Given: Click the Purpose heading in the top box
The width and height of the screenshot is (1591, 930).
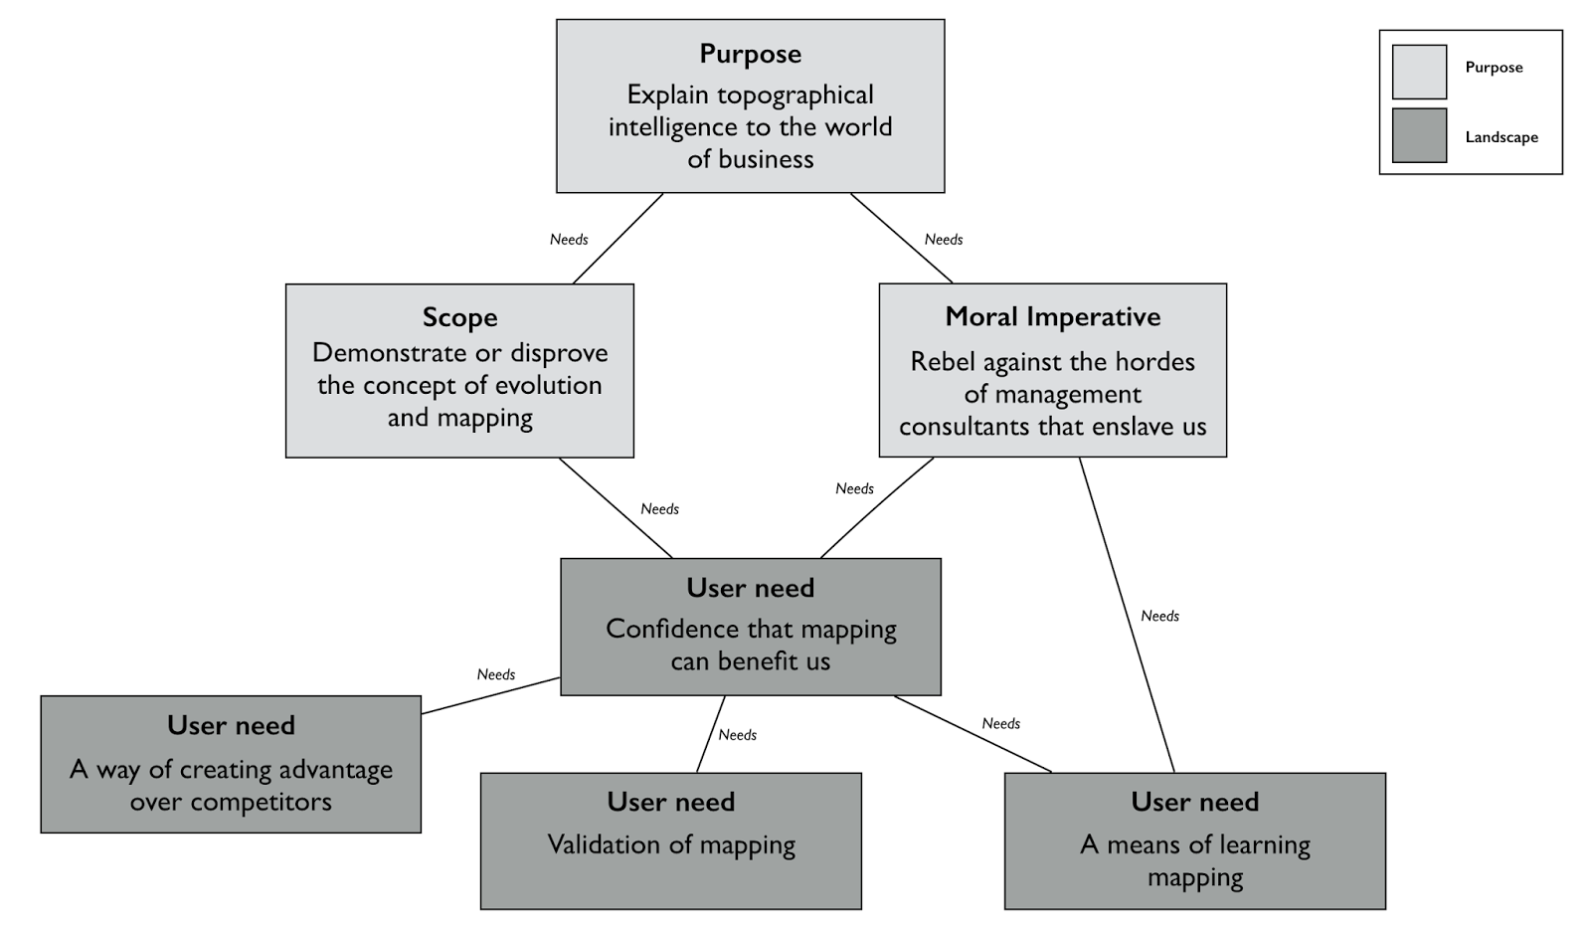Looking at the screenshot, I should pos(750,54).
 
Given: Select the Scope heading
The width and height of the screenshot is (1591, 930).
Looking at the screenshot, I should pos(459,317).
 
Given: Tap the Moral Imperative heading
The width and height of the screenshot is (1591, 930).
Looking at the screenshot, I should pos(1052,316).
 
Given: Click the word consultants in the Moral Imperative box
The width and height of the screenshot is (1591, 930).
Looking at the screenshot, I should pos(964,427).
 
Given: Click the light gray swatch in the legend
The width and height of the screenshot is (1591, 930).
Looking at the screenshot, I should pos(1418,72).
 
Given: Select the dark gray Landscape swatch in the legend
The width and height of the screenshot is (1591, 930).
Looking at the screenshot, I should pos(1418,135).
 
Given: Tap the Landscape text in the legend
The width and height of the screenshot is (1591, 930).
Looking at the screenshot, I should pos(1501,137).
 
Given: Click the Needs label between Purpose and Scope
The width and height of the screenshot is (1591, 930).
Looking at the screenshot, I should pos(569,240).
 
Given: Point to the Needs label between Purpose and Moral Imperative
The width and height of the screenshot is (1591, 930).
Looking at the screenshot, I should pos(943,240).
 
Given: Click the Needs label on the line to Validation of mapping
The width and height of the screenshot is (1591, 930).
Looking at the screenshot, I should pos(737,735).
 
